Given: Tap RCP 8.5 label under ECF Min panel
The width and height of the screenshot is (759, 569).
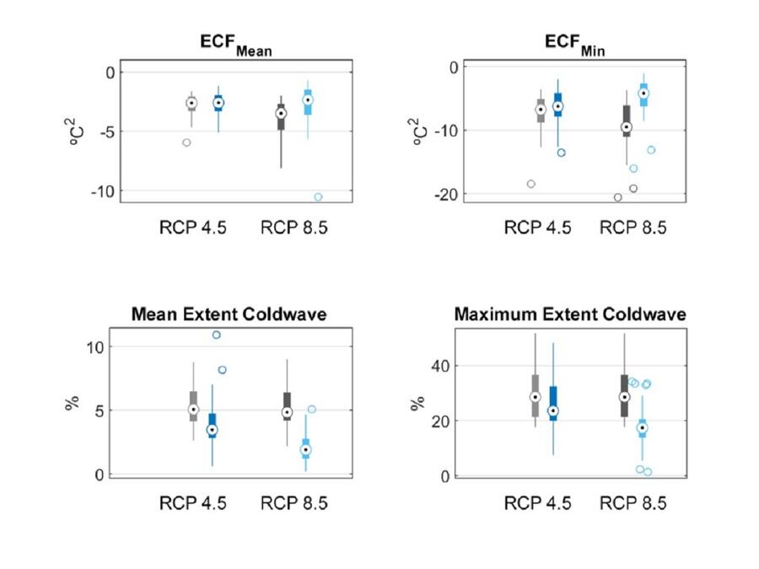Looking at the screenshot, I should tap(632, 227).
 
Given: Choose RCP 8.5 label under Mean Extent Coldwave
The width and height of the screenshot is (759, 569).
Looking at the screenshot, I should tap(294, 504).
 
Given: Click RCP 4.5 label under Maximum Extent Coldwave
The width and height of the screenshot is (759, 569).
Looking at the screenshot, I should tap(537, 504).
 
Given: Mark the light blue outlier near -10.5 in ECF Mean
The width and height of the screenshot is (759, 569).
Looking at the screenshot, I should tap(318, 197).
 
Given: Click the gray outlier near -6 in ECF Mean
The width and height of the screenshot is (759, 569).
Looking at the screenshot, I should tap(186, 142).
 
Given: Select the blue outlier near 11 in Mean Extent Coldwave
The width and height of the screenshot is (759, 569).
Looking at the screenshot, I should tap(217, 335).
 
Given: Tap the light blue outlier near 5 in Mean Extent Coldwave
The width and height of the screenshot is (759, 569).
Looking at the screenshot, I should tap(311, 410).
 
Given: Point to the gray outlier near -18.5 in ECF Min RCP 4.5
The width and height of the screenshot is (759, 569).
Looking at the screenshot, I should tap(531, 184).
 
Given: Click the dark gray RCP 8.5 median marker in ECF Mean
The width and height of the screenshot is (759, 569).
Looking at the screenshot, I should tap(281, 113).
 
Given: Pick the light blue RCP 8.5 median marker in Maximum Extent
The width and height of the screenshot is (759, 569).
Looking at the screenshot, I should tap(642, 428).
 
